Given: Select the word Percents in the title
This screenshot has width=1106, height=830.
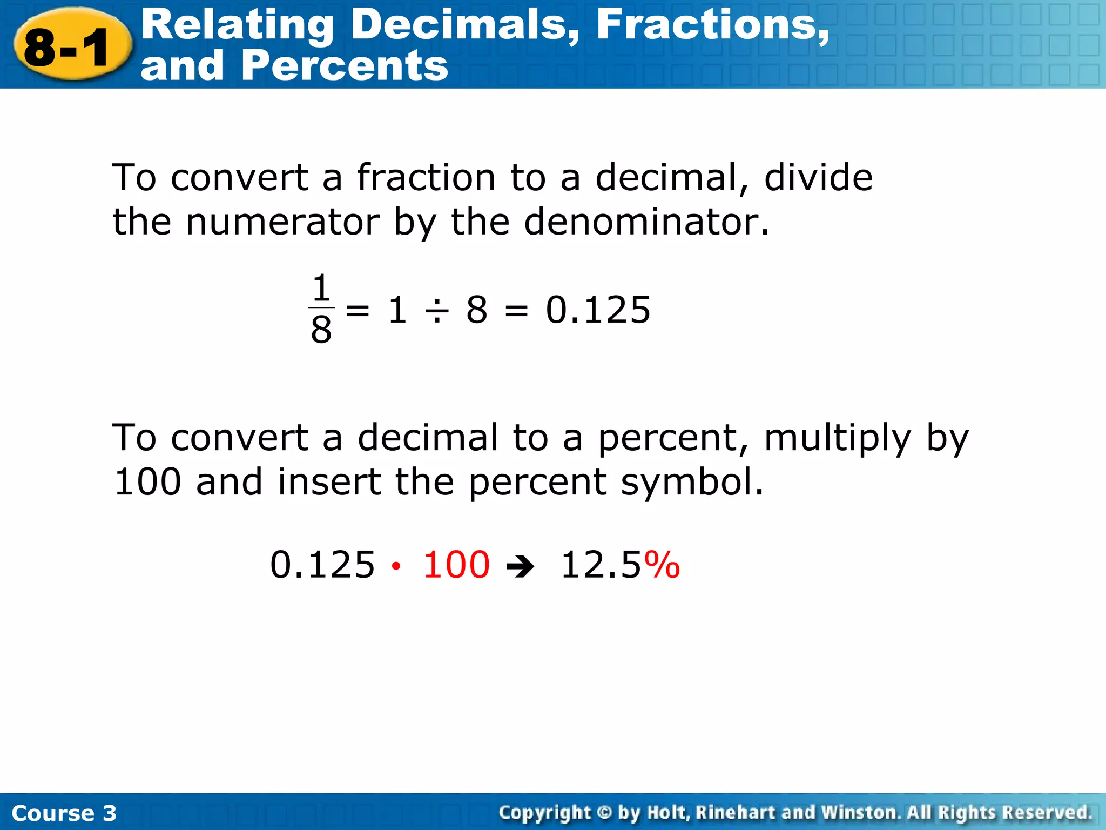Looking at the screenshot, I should coord(345,66).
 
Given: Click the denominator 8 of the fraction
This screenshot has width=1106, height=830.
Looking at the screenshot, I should coord(321,330).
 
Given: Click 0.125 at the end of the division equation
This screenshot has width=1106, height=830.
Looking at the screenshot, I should coord(598,310).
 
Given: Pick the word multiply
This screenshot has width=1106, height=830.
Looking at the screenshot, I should coord(837,439).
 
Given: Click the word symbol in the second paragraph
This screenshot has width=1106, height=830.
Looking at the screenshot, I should coord(692,482).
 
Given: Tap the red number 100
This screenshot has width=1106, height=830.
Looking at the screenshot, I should coord(456,565).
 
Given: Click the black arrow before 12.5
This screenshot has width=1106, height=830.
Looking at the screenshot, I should coord(521,567).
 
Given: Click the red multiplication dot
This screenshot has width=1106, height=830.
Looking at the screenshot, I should coord(396,566).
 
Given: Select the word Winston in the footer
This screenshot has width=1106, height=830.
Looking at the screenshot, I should coord(860,813).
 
